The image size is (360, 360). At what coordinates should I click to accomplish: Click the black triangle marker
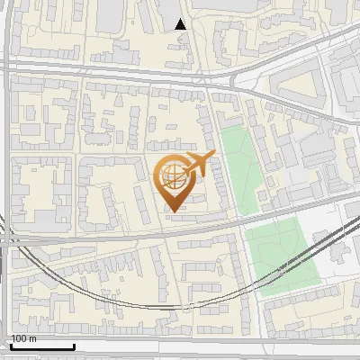(x=181, y=24)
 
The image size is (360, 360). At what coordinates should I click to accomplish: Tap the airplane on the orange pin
(x=197, y=163)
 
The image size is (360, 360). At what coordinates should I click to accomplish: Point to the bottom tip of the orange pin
(x=173, y=212)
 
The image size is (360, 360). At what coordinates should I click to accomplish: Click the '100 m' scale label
(x=23, y=338)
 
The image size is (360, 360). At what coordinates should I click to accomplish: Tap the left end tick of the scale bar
(x=11, y=346)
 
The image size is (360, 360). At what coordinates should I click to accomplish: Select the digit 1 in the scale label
(x=13, y=338)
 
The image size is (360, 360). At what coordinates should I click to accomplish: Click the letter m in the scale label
(x=33, y=339)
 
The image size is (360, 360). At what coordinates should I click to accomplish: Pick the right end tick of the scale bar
(x=74, y=346)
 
